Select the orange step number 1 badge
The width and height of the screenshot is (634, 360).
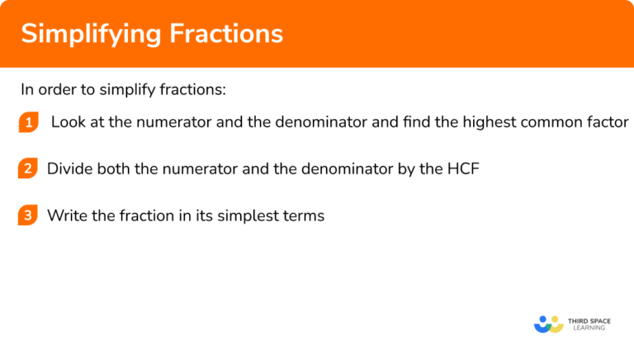tap(29, 123)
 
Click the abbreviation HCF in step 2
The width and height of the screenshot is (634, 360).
tap(462, 169)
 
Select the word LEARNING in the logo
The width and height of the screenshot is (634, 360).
tap(588, 328)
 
